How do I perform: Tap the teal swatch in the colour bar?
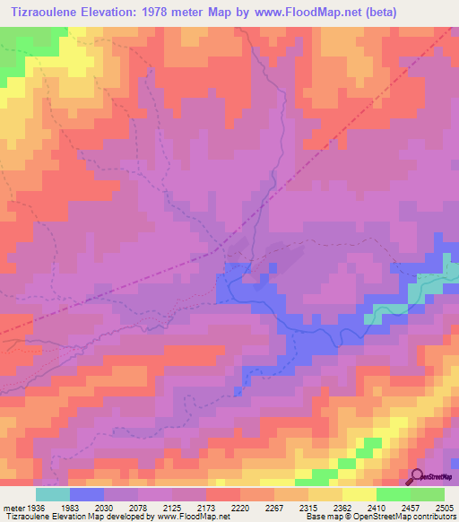pos(53,494)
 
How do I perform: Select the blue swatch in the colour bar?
pos(87,494)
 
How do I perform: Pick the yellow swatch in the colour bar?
pos(359,494)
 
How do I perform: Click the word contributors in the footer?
pos(436,517)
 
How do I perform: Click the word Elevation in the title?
pos(108,12)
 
